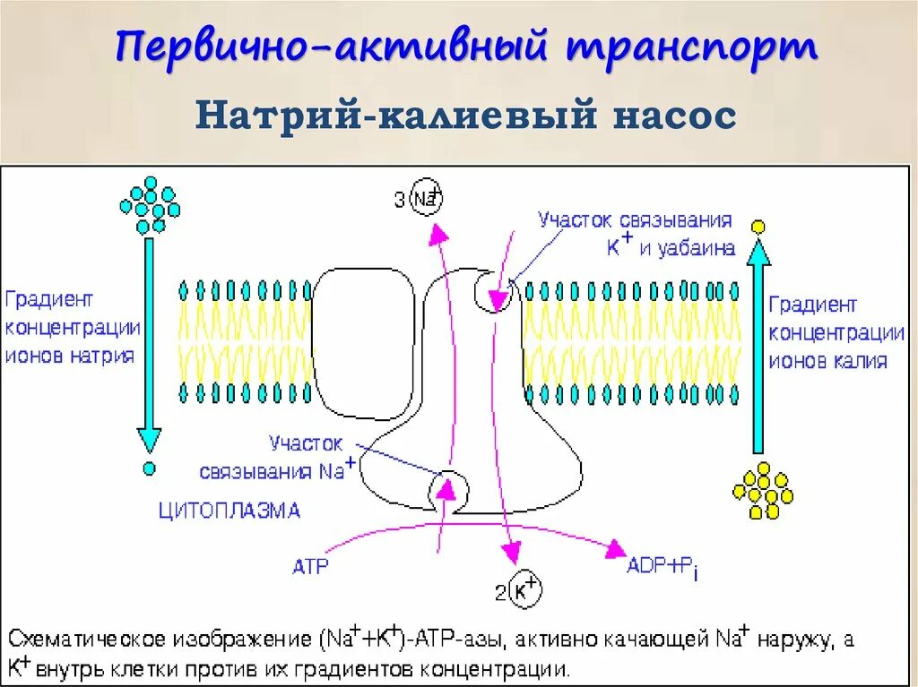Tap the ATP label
310,566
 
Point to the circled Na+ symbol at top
427,199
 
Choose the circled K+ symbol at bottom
525,589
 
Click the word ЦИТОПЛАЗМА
229,511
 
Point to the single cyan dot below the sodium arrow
149,468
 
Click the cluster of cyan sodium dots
150,203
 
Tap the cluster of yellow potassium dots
763,491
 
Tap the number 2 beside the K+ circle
500,592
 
